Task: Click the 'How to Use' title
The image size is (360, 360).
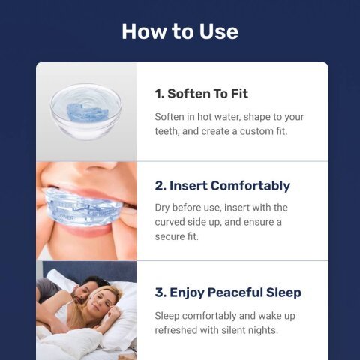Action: tap(180, 31)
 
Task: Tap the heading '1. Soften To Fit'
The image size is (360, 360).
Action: tap(201, 94)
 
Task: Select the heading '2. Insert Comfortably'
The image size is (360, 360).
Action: tap(222, 186)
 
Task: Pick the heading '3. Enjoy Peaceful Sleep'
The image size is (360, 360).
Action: tap(228, 292)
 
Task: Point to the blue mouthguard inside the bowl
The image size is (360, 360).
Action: tap(85, 112)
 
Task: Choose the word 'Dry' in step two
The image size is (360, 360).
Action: tap(164, 207)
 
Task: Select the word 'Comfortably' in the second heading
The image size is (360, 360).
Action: tap(250, 186)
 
